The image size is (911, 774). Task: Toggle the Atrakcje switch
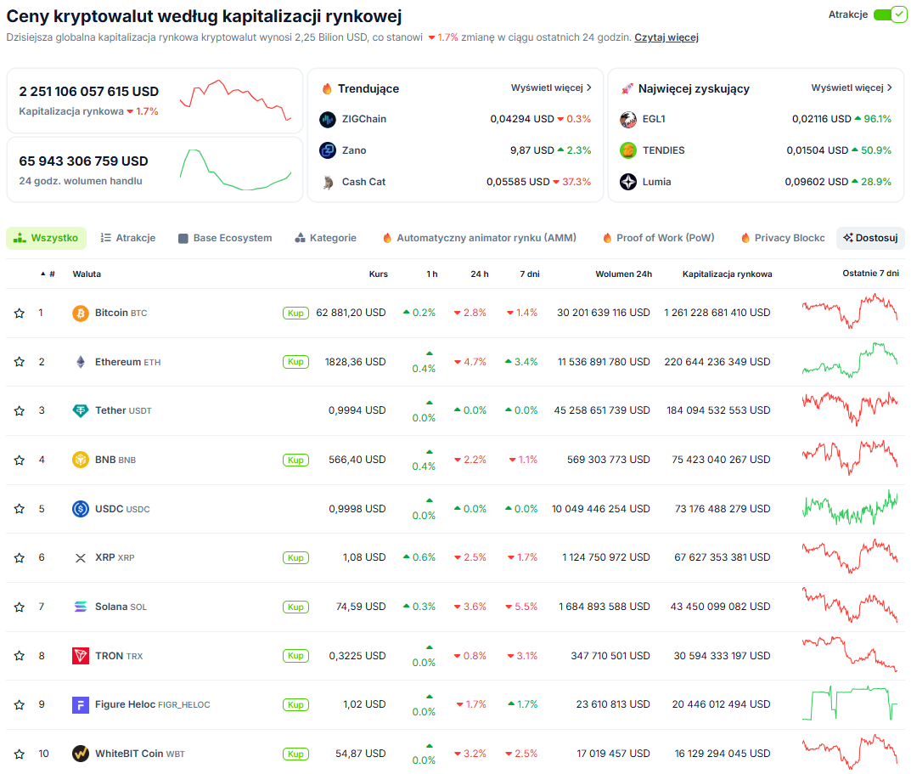890,14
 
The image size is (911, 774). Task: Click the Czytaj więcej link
666,37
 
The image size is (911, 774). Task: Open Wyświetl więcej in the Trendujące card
551,88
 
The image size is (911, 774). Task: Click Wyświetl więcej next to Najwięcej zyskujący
852,88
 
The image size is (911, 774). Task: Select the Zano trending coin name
354,150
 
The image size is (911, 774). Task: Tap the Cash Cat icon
329,182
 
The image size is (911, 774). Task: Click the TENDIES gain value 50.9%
875,150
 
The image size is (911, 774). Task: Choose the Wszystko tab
47,238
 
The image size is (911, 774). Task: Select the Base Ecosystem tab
226,238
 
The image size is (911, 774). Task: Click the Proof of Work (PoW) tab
659,238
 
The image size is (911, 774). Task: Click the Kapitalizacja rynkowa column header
727,274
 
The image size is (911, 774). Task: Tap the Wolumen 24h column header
623,274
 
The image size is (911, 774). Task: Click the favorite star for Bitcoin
20,313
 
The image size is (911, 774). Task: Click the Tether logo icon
80,410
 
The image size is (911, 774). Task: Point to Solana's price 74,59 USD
361,607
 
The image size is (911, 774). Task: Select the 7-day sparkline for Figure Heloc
850,703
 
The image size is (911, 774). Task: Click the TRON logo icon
80,656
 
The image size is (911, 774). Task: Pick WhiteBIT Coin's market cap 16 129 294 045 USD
723,754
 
